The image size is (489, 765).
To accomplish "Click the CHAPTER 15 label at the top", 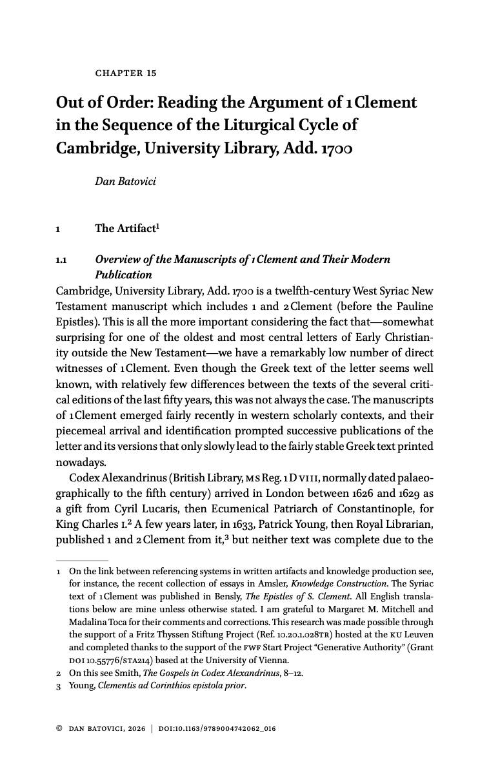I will point(126,73).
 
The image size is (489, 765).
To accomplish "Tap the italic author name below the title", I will point(125,181).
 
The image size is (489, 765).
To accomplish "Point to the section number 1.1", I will point(63,260).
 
